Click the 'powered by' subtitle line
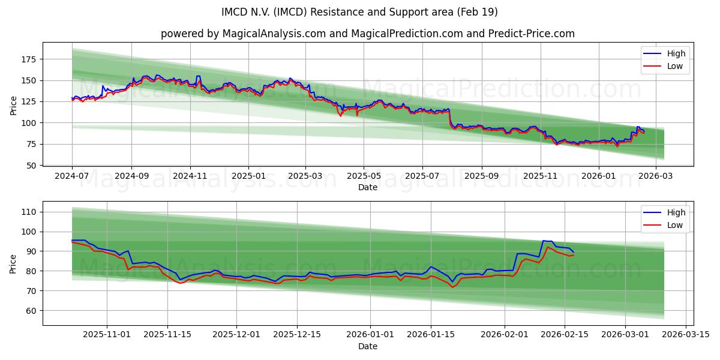tap(368, 34)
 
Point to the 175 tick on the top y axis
tap(29, 59)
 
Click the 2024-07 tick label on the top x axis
tap(72, 176)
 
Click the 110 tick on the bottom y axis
tap(29, 212)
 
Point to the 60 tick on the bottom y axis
tap(31, 311)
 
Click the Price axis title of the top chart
tap(14, 106)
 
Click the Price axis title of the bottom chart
tap(14, 264)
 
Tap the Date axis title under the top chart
tap(368, 187)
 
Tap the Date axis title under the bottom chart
tap(368, 346)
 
